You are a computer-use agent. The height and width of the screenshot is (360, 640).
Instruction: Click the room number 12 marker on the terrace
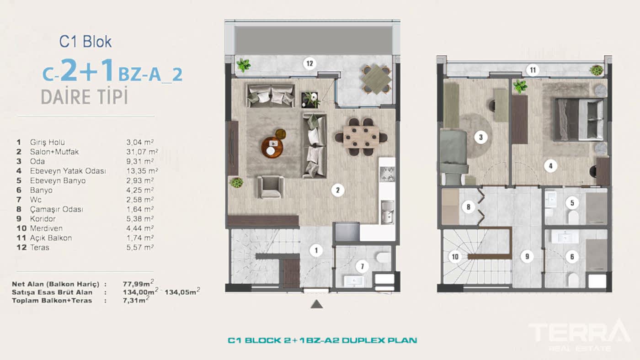310,64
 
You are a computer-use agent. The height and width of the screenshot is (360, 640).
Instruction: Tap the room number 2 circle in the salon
338,190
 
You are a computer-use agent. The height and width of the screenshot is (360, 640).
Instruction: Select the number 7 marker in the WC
362,267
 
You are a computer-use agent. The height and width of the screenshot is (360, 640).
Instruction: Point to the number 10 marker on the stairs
455,257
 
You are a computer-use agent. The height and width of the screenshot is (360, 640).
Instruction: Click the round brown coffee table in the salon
272,147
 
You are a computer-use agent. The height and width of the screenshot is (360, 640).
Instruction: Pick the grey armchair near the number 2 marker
270,187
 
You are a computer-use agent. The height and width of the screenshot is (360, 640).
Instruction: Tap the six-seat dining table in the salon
361,137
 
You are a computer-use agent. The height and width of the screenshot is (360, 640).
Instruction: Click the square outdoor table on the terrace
377,79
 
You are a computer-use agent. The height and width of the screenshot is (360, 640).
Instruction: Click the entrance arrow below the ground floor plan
317,304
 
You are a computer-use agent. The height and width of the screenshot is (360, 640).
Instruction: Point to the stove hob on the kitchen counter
387,175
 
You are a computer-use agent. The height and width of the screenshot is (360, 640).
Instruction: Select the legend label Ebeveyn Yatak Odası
68,171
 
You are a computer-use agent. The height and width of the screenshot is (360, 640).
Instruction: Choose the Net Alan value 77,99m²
138,283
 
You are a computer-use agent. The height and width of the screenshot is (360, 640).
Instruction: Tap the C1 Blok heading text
85,42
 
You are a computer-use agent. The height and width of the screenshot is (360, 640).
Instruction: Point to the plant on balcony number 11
597,70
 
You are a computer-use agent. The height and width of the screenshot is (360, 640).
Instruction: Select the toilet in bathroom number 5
573,217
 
